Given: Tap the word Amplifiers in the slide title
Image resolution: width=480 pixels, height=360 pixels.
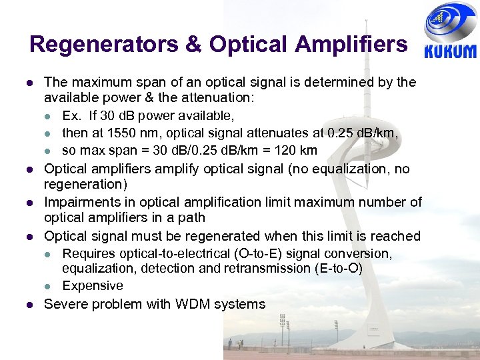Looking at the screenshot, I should [354, 44].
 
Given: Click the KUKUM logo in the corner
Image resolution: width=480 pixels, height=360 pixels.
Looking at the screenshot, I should [450, 33].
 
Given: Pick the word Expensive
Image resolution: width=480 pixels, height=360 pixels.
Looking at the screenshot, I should [93, 286].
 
